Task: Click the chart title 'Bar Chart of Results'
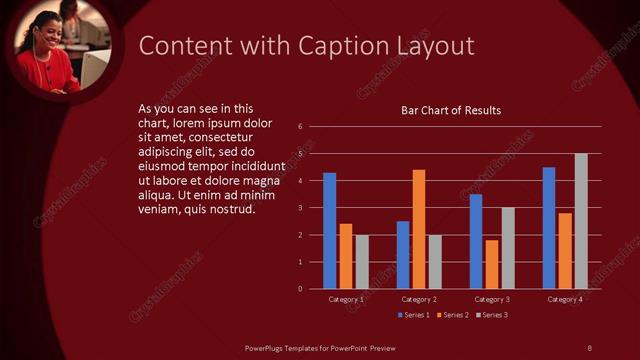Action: pos(450,110)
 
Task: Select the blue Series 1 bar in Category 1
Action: pos(330,231)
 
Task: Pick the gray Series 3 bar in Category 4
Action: pos(581,221)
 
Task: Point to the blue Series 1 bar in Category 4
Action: pos(549,228)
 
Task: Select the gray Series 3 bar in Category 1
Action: pos(362,262)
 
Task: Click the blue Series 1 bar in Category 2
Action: pos(403,255)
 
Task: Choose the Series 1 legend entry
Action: pos(414,315)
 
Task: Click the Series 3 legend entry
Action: pos(491,315)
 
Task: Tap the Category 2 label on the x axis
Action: pos(418,299)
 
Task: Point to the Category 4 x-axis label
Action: pos(565,299)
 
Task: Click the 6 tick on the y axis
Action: pos(299,127)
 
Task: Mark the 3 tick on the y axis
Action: pos(299,208)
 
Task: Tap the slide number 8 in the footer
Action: pos(589,347)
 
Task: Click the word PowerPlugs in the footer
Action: pos(269,347)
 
